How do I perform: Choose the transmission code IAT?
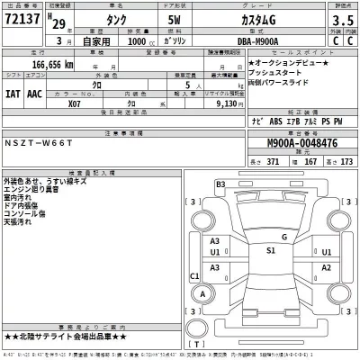[x=14, y=93]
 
